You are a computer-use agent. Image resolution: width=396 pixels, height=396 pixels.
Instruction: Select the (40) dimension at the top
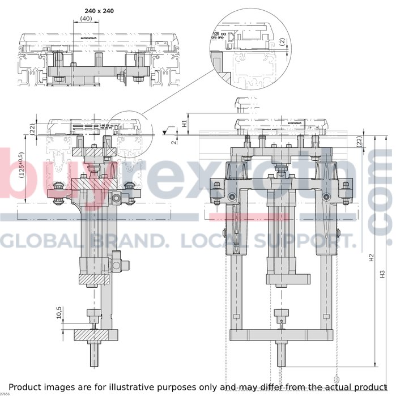pyautogui.click(x=86, y=18)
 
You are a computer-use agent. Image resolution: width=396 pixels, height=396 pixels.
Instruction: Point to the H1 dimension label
pyautogui.click(x=185, y=122)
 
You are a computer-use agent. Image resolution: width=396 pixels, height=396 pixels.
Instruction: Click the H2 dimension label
pyautogui.click(x=371, y=258)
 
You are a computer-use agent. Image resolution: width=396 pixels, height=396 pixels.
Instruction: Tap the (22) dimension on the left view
pyautogui.click(x=33, y=129)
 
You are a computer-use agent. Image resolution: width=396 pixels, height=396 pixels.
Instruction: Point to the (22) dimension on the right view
pyautogui.click(x=360, y=142)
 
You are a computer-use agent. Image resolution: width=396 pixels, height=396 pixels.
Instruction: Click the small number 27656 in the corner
pyautogui.click(x=5, y=393)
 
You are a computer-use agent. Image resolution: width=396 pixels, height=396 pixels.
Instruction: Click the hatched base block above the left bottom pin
pyautogui.click(x=92, y=335)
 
